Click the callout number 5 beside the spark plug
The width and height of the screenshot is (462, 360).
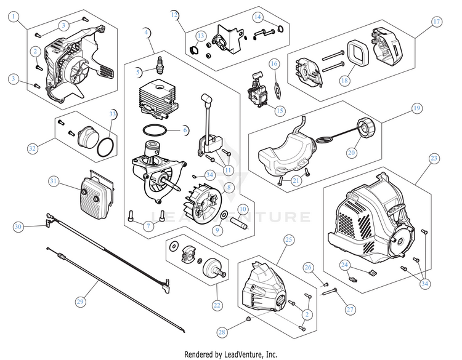coord(139,72)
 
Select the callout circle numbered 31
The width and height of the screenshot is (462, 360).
coord(54,181)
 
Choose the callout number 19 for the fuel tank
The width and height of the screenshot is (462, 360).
coord(417,108)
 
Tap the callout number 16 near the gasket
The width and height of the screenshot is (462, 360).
coord(275,64)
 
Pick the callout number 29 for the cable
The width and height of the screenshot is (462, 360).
coord(79,302)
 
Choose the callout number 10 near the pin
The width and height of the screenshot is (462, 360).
coord(242,209)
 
